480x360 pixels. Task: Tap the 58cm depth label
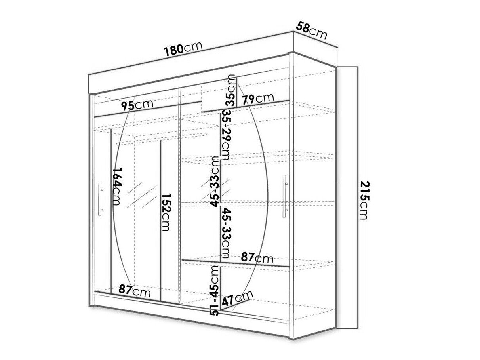coord(311,30)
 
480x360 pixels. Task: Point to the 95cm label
coord(137,105)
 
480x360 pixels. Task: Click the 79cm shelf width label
coord(258,99)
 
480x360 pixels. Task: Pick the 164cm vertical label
coord(116,186)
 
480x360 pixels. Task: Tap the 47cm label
coord(237,299)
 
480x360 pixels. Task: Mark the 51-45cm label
coord(214,290)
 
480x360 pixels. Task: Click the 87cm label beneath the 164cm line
coord(135,291)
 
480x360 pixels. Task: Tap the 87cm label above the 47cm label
coord(257,258)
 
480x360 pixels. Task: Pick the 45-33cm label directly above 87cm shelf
coord(226,233)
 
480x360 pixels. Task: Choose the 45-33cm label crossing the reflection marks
coord(214,181)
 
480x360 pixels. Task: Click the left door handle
coord(100,199)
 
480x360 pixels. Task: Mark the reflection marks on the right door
coord(215,190)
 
